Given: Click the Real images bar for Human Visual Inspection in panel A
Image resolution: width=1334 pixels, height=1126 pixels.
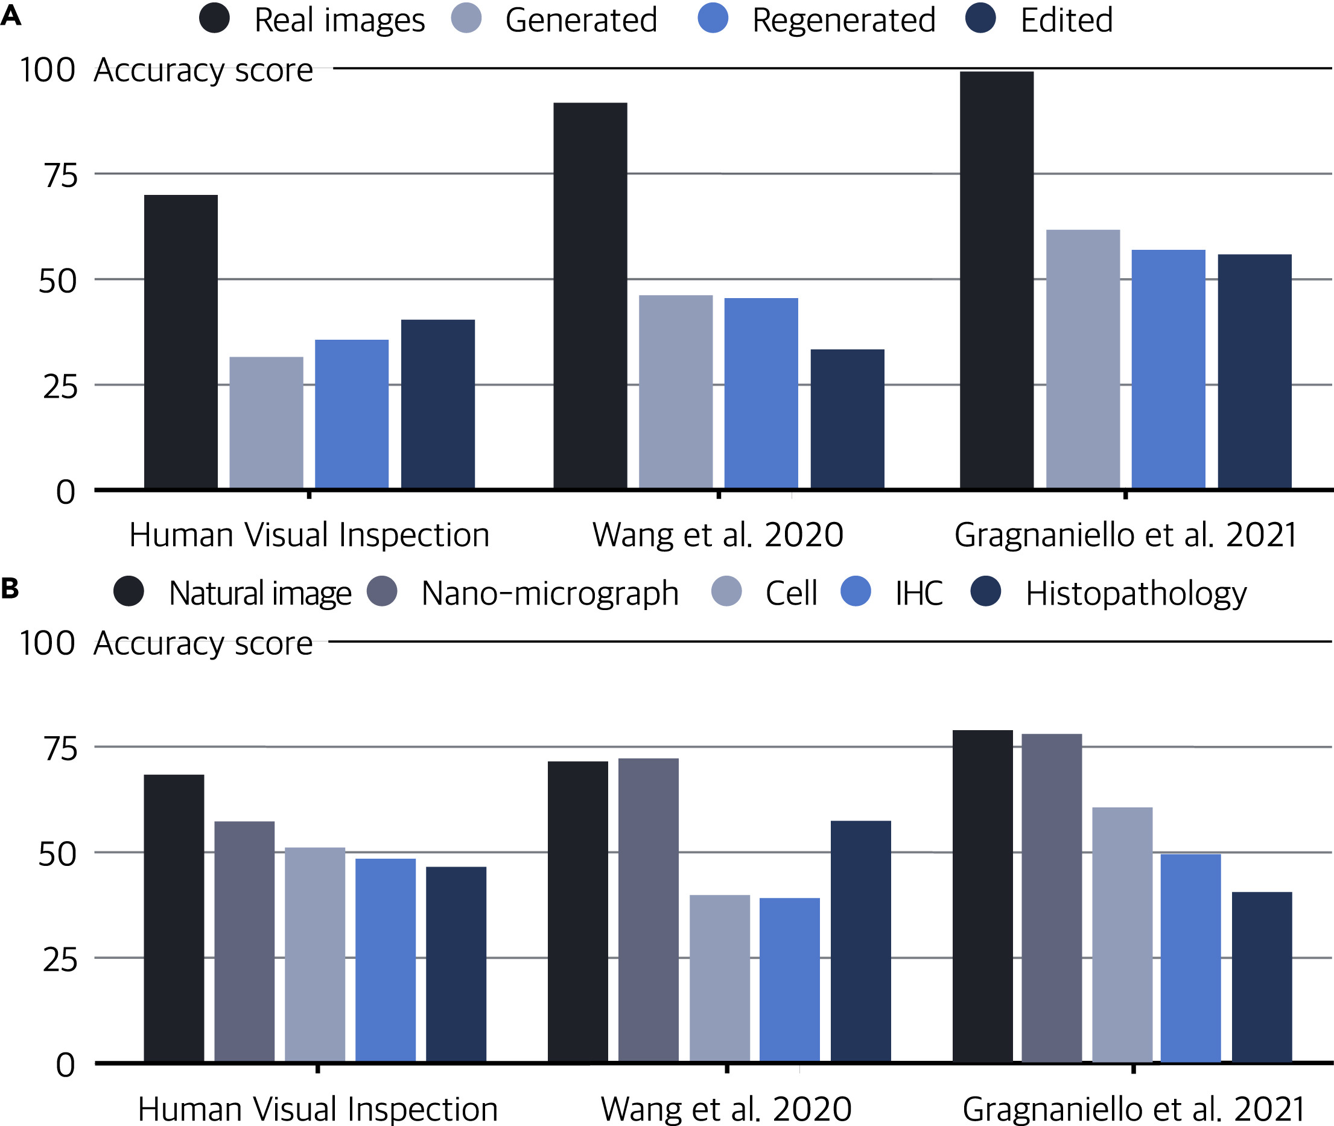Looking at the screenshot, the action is coord(180,342).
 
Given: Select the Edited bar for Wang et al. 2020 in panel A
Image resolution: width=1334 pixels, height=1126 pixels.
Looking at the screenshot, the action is coord(847,419).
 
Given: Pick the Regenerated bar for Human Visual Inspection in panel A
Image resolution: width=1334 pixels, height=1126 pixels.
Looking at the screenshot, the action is coord(352,415).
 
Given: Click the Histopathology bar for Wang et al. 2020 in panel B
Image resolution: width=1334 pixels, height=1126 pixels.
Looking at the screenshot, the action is coord(860,941).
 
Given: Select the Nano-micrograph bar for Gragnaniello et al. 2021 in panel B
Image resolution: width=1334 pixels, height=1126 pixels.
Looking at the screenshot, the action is coord(1051,898).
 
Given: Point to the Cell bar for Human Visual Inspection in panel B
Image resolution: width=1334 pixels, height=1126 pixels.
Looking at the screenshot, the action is coord(315,955).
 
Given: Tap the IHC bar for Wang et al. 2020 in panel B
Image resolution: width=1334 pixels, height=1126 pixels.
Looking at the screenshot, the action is coord(790,980).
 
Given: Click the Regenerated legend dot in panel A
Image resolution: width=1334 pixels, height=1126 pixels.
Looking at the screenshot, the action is coord(713,18).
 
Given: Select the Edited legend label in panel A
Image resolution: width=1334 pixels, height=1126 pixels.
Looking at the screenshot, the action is coord(1067,20).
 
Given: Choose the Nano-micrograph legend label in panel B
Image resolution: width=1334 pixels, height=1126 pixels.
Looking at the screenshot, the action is coord(550,593).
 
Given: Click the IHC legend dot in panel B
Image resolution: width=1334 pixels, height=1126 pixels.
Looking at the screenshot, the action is coord(856,591).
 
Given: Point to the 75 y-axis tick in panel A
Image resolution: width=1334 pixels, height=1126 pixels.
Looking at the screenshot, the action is coord(60,176).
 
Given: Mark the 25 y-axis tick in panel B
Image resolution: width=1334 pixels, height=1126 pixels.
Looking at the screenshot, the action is coord(60,960).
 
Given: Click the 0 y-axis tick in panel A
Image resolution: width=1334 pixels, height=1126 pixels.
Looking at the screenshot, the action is coord(66,492).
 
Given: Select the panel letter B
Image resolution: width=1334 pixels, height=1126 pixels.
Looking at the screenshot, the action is coord(10,588).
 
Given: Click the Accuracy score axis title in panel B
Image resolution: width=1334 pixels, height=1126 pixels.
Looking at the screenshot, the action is coord(203,643).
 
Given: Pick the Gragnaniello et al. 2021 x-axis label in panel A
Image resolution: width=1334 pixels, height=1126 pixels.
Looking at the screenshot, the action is coord(1125,535).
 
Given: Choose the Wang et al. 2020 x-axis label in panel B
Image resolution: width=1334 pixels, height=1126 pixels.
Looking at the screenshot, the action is coord(726,1109).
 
